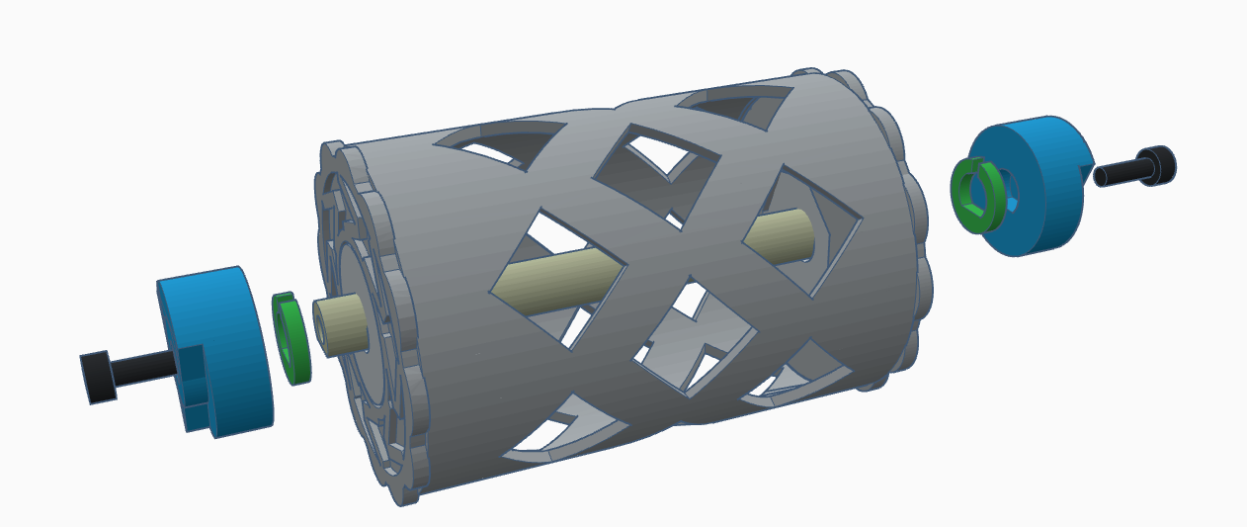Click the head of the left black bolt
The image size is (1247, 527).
(x=97, y=377)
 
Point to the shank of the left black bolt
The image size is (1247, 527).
(x=143, y=370)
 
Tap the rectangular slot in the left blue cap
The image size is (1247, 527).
(x=195, y=388)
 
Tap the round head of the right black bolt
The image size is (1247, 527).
(x=1155, y=164)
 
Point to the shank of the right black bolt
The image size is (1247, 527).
(x=1117, y=173)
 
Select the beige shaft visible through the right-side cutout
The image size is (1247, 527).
(x=786, y=238)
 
